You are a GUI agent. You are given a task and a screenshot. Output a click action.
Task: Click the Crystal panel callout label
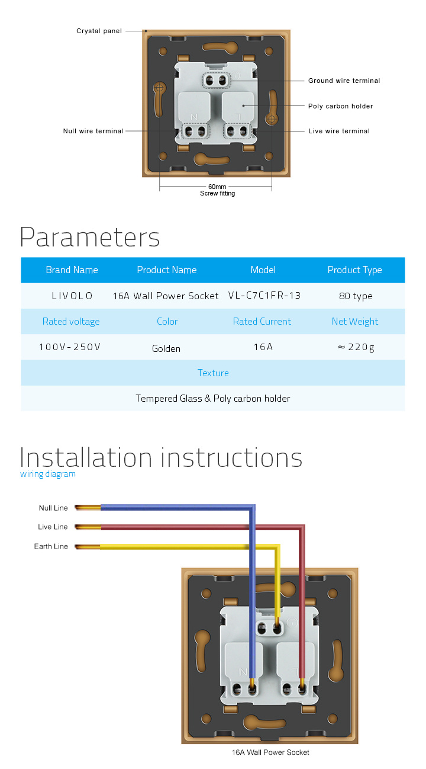point(99,31)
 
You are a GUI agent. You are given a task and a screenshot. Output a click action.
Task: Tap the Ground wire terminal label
point(344,81)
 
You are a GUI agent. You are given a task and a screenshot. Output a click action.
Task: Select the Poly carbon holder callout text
point(340,106)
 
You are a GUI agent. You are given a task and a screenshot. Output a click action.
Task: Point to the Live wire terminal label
point(339,131)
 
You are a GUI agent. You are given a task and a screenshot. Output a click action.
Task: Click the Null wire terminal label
point(93,131)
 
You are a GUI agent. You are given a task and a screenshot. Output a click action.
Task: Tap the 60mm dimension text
point(217,187)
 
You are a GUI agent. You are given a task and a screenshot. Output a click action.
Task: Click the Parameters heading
point(90,237)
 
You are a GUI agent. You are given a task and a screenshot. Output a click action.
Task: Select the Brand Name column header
point(72,270)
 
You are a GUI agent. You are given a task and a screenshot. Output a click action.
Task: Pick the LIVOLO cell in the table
point(72,296)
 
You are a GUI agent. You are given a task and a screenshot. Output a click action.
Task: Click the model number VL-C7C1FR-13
point(264,295)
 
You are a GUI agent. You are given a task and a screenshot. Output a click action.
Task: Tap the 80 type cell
point(356,296)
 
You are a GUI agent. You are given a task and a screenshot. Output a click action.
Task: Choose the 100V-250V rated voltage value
point(70,347)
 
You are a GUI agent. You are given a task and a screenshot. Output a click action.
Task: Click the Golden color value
point(166,348)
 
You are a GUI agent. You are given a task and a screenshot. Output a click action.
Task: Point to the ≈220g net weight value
point(356,347)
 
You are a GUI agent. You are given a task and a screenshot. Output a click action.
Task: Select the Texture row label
point(213,373)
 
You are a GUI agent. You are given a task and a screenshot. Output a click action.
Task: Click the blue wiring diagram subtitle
point(48,474)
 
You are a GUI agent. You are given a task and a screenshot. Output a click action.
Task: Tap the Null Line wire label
point(53,508)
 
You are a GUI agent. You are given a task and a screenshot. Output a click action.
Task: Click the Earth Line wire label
point(51,546)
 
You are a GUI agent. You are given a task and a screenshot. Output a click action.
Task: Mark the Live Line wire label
point(53,527)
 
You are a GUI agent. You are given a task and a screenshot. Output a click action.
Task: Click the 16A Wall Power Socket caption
point(270,752)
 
